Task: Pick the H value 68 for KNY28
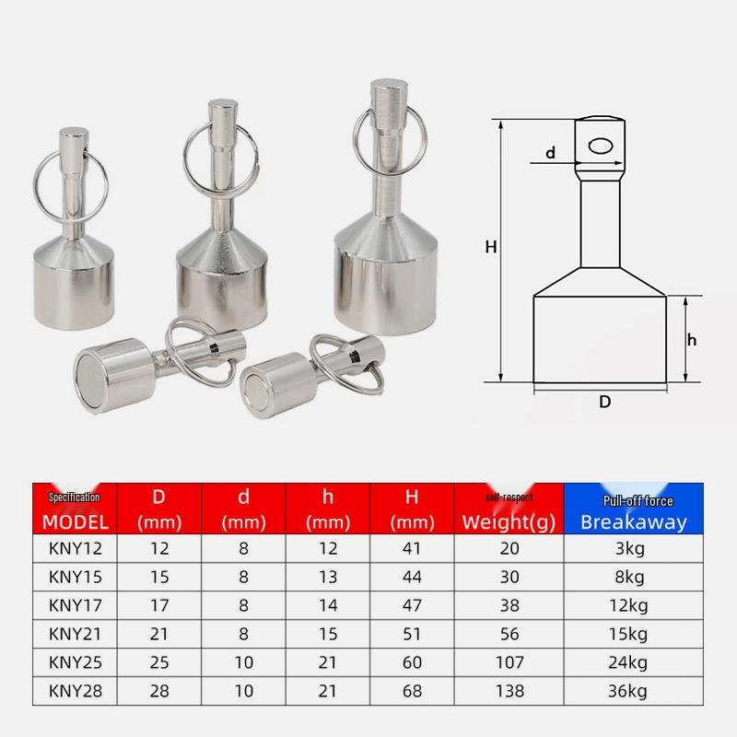tap(412, 691)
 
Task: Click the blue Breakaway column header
tap(634, 521)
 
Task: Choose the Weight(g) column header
tap(509, 521)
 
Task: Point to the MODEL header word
tap(76, 521)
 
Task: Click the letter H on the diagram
tap(491, 246)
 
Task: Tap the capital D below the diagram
tap(605, 402)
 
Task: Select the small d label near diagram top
tap(550, 154)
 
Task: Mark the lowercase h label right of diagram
tap(691, 340)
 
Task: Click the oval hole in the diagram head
tap(601, 146)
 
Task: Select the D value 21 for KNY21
tap(158, 634)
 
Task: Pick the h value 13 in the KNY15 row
tap(328, 577)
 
